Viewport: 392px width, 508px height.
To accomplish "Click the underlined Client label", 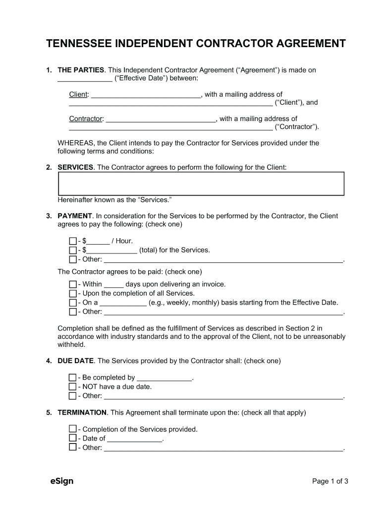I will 78,94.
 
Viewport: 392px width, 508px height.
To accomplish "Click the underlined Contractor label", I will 86,119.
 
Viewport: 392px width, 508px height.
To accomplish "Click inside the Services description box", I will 201,184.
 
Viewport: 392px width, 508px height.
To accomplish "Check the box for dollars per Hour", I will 73,241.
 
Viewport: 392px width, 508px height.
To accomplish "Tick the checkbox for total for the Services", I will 73,250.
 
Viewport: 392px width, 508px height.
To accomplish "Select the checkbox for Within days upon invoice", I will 73,284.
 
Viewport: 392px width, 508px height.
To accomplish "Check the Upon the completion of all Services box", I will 73,293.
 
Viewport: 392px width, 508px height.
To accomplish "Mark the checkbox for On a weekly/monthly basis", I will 73,303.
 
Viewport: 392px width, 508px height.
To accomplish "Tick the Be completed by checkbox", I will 73,378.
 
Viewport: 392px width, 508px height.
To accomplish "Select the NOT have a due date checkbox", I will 73,386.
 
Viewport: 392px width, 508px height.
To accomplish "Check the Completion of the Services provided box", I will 73,429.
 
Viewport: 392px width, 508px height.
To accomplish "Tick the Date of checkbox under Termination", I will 73,438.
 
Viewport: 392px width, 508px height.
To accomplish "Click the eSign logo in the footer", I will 61,481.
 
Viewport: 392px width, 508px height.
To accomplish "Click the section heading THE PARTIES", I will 81,70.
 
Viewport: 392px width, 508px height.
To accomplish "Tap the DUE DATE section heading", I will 75,361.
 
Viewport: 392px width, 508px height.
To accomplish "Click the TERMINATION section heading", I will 82,412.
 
